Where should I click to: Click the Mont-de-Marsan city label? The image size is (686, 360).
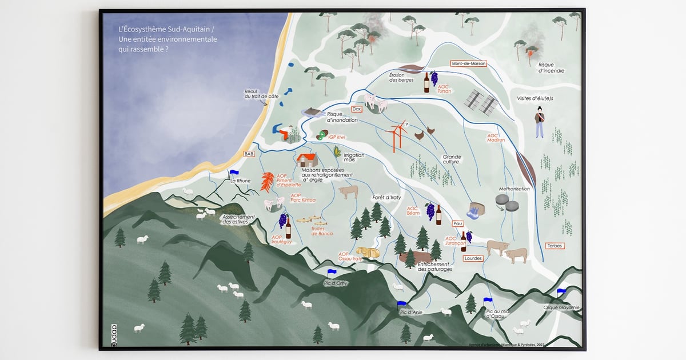click(x=468, y=63)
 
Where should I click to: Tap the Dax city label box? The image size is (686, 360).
click(x=357, y=109)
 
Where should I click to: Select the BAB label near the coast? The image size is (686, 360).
click(x=249, y=154)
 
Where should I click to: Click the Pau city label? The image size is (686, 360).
click(x=457, y=223)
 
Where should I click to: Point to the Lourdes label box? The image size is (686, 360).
click(x=473, y=258)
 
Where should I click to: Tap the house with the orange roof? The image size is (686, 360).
click(x=307, y=159)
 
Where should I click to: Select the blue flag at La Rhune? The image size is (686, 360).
click(x=233, y=172)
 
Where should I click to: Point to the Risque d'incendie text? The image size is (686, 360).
click(x=551, y=68)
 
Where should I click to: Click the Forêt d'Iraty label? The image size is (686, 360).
click(x=386, y=197)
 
